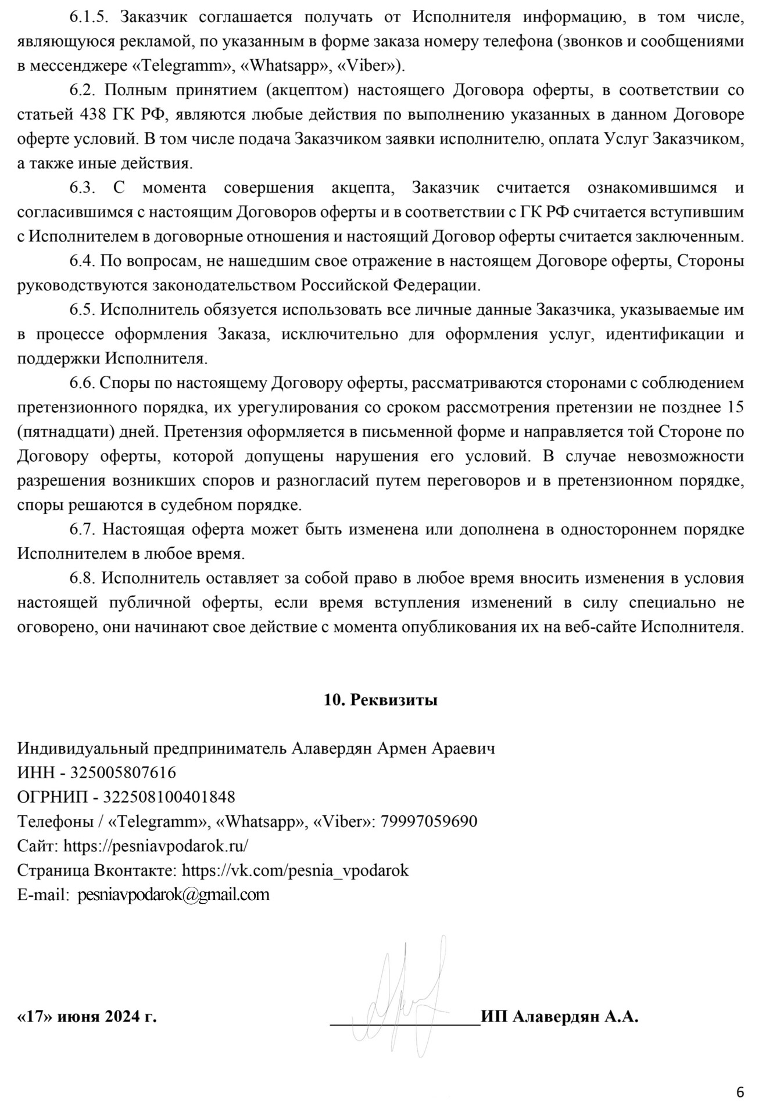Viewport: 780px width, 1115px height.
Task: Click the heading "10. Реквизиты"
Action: [380, 700]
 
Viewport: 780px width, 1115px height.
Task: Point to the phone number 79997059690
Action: [428, 821]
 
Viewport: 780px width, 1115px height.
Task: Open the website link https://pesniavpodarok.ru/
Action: [156, 846]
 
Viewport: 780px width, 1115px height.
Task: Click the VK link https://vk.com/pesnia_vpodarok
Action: [295, 870]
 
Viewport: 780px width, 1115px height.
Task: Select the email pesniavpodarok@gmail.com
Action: [173, 894]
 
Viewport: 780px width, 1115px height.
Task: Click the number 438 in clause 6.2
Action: [89, 114]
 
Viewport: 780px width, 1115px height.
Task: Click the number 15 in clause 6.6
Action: [735, 407]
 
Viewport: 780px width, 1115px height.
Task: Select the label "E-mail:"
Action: [43, 894]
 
